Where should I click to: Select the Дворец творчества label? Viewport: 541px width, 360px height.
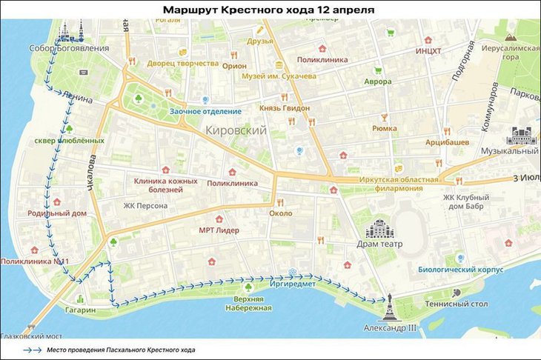pyautogui.click(x=182, y=64)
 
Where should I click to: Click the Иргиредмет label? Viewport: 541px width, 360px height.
pyautogui.click(x=293, y=284)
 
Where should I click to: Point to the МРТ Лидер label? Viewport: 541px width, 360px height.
pyautogui.click(x=219, y=230)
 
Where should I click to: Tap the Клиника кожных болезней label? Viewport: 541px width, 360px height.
pyautogui.click(x=165, y=185)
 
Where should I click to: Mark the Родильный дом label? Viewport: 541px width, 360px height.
pyautogui.click(x=57, y=213)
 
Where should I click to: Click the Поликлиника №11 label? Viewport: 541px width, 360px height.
pyautogui.click(x=35, y=261)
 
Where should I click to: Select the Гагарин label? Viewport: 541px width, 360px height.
pyautogui.click(x=80, y=310)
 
